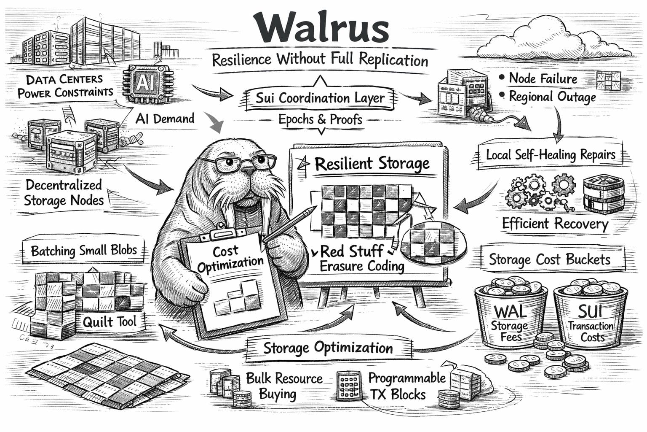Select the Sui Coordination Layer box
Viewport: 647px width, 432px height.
320,98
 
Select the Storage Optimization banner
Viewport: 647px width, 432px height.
328,348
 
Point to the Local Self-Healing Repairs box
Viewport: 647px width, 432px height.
550,155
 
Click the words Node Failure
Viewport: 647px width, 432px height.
543,78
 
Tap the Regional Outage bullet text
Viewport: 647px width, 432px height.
552,97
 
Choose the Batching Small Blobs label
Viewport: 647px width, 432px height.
84,251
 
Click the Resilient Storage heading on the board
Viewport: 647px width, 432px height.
372,164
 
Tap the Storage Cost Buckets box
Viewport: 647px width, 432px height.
549,259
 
